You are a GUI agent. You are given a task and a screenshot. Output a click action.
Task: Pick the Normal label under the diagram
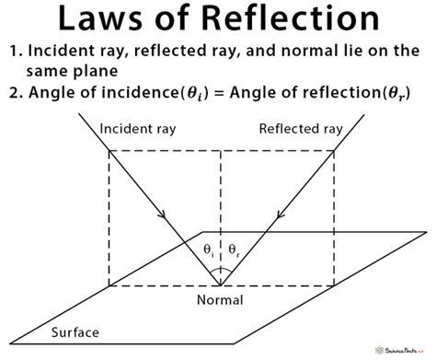pos(220,300)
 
